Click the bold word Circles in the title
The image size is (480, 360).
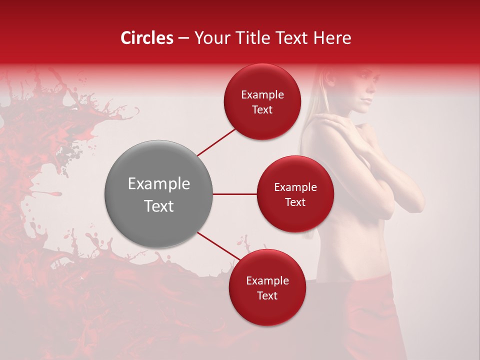click(x=147, y=38)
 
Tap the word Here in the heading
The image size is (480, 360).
click(x=333, y=38)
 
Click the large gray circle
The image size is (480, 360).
click(x=158, y=194)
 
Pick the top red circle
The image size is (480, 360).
click(x=262, y=102)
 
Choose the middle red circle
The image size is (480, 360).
click(x=295, y=194)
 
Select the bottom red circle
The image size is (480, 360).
click(x=267, y=288)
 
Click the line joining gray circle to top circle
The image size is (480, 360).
click(x=217, y=141)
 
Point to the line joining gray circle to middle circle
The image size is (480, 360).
click(x=235, y=194)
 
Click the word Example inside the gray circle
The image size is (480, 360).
click(x=158, y=184)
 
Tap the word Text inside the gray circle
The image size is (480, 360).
click(x=158, y=206)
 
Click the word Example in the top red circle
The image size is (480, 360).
click(x=262, y=95)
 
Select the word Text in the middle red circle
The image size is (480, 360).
click(x=295, y=202)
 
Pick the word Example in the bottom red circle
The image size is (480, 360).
click(x=267, y=281)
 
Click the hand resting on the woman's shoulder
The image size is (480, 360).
click(x=327, y=120)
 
